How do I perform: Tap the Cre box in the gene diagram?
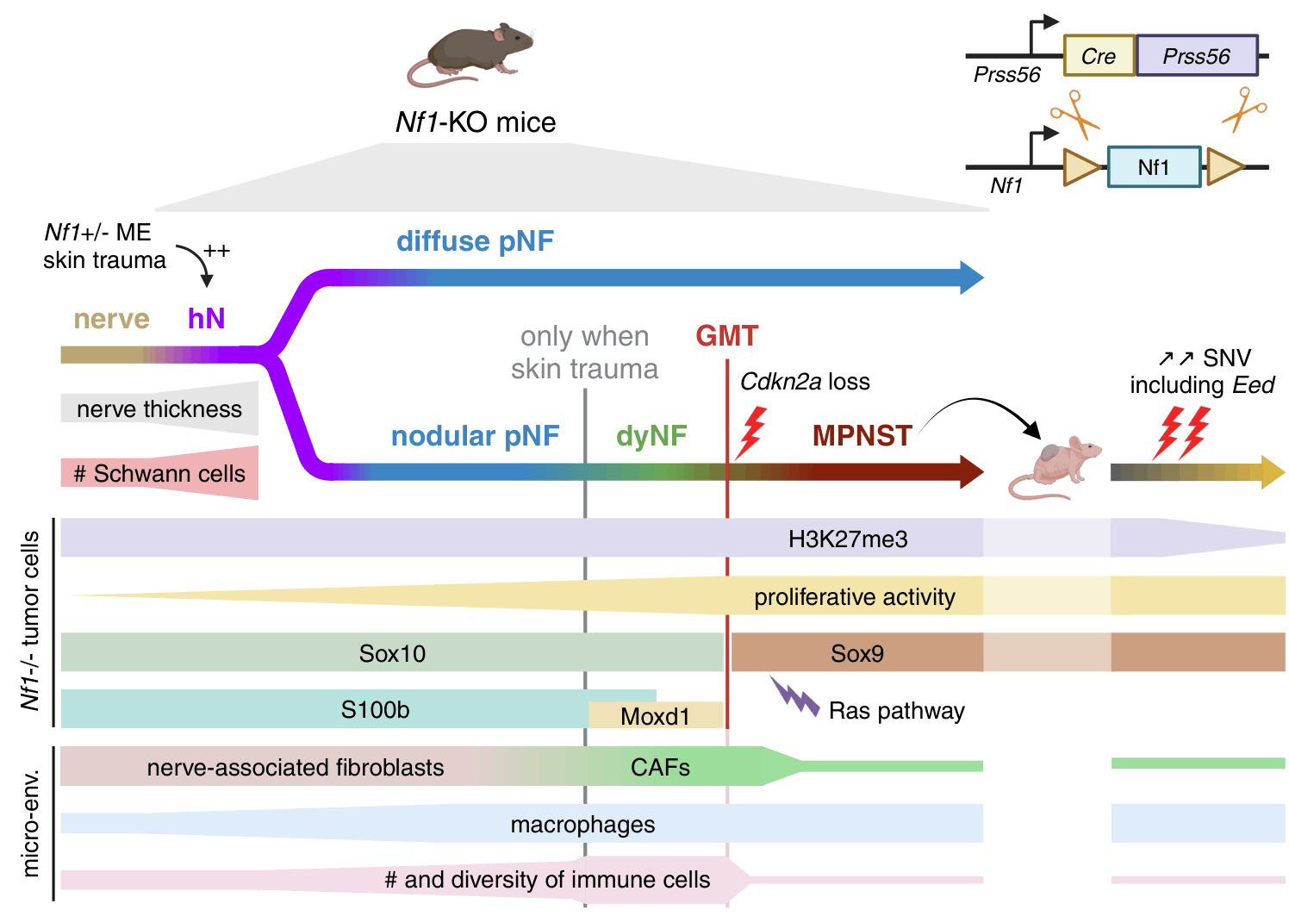point(1099,56)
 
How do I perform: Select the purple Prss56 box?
point(1197,56)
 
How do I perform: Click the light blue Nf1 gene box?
point(1154,167)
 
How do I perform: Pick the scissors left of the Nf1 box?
point(1074,115)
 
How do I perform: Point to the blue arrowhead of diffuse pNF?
point(972,277)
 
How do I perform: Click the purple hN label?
point(206,318)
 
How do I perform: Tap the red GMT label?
point(727,335)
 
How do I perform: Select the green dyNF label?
point(651,435)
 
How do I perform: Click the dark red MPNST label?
point(862,435)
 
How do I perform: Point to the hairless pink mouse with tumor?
point(1055,467)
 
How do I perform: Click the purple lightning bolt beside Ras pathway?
point(794,697)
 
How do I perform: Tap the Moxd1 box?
point(656,715)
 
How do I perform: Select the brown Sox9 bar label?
point(856,653)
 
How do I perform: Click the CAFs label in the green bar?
point(660,767)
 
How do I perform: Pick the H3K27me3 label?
point(848,539)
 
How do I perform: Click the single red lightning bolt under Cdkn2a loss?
point(751,433)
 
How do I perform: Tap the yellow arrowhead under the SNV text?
point(1273,472)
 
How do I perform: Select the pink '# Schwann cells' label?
point(159,474)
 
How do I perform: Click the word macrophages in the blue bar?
point(582,825)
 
